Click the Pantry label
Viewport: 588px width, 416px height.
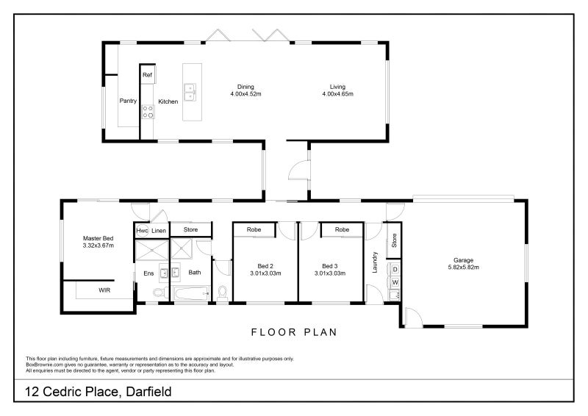click(x=129, y=101)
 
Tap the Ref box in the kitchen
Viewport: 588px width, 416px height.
click(x=147, y=75)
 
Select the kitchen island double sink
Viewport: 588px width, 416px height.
click(x=190, y=92)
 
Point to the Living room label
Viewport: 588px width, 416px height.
click(x=337, y=87)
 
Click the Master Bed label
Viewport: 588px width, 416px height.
click(x=98, y=238)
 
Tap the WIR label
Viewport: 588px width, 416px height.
click(x=104, y=291)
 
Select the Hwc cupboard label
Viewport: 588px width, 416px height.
click(x=142, y=231)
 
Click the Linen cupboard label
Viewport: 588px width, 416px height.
click(x=159, y=231)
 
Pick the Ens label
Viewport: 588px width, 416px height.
click(x=148, y=273)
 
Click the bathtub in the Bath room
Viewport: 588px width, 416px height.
click(x=191, y=295)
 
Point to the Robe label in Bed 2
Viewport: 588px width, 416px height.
click(x=254, y=230)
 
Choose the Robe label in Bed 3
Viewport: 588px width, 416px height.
click(x=342, y=230)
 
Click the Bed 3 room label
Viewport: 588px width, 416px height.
click(x=330, y=266)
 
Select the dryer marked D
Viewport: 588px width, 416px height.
click(x=395, y=269)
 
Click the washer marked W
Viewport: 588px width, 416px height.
click(x=395, y=281)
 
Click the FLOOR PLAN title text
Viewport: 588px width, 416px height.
click(x=294, y=332)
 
